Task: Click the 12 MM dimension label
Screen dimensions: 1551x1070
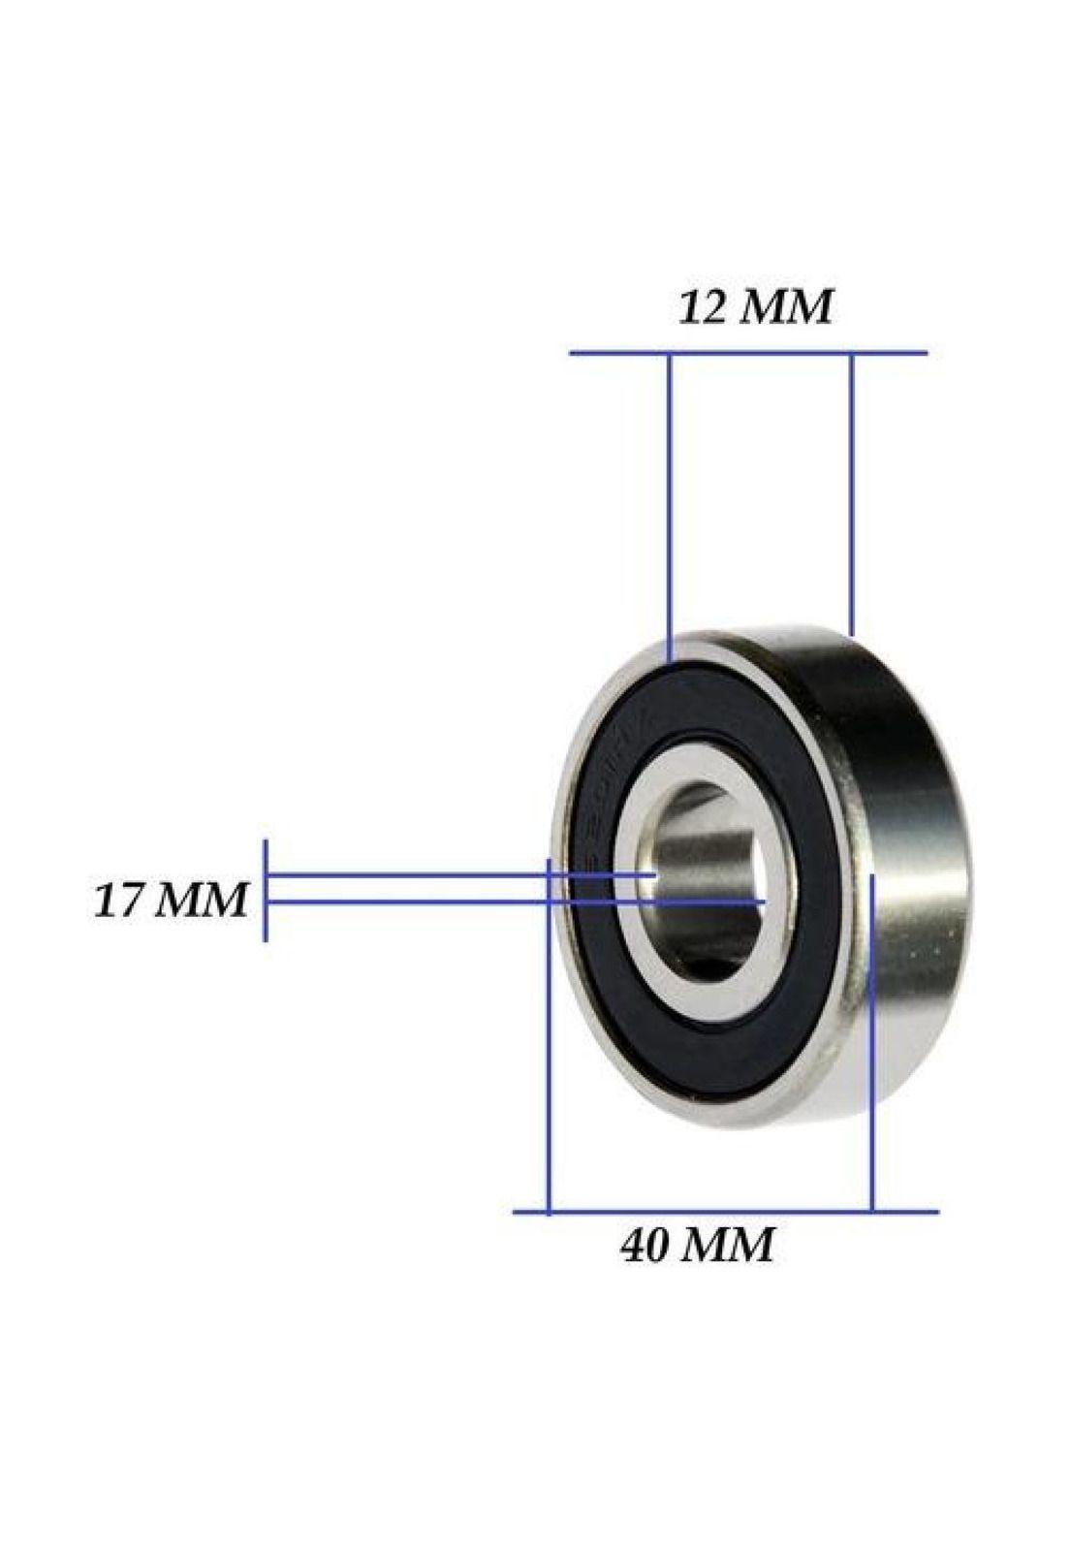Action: [x=754, y=308]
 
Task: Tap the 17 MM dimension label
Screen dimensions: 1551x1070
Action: [x=171, y=901]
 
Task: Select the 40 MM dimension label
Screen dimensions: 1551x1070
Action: [x=698, y=1246]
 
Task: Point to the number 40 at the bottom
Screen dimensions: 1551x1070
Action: [x=646, y=1246]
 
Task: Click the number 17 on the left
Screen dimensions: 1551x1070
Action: [x=118, y=901]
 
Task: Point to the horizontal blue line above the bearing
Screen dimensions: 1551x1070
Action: [x=746, y=353]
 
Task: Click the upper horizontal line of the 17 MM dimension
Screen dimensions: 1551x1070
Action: [x=407, y=874]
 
